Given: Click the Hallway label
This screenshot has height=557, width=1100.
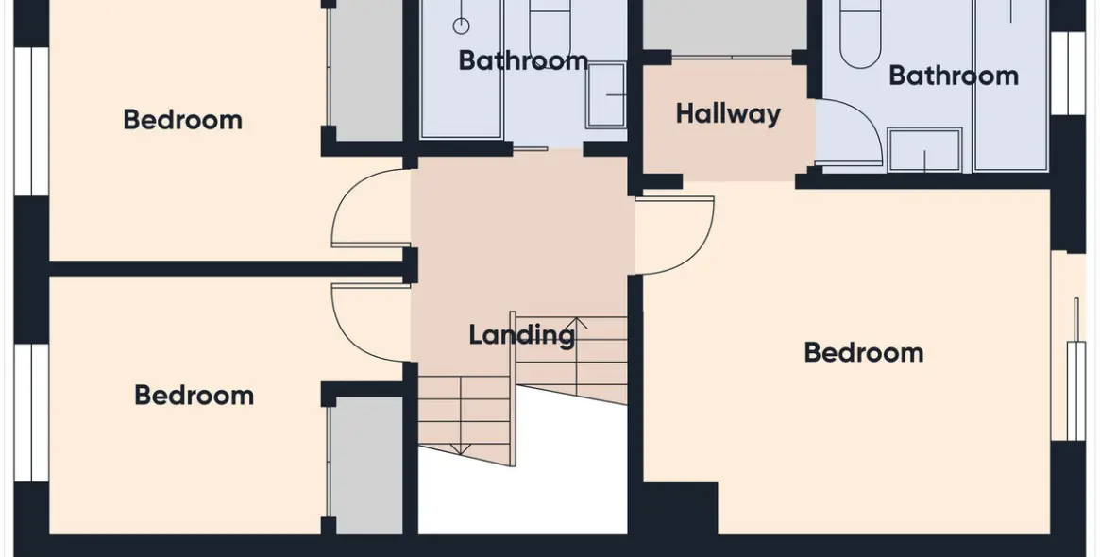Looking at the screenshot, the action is [x=727, y=114].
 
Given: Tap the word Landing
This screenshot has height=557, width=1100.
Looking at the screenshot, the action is [x=521, y=334].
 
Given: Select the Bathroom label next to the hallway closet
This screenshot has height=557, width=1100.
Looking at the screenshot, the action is [x=954, y=76].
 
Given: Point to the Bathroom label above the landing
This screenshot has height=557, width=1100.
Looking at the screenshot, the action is [x=523, y=60].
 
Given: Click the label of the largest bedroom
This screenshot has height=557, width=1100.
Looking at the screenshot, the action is [x=864, y=352].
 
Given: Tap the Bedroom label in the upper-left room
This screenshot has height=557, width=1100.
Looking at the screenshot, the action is [x=182, y=120].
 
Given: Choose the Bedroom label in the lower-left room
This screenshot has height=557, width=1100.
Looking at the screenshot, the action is [x=194, y=396].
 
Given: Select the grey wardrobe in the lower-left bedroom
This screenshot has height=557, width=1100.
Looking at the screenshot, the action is [x=365, y=465].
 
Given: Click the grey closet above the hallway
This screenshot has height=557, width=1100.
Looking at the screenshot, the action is [x=725, y=25].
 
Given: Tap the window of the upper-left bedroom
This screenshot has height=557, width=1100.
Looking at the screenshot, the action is [x=31, y=122].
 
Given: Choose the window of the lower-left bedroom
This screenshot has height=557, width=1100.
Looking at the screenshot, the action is [x=31, y=414].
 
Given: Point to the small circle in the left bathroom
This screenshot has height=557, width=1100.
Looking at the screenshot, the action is [x=461, y=26].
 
